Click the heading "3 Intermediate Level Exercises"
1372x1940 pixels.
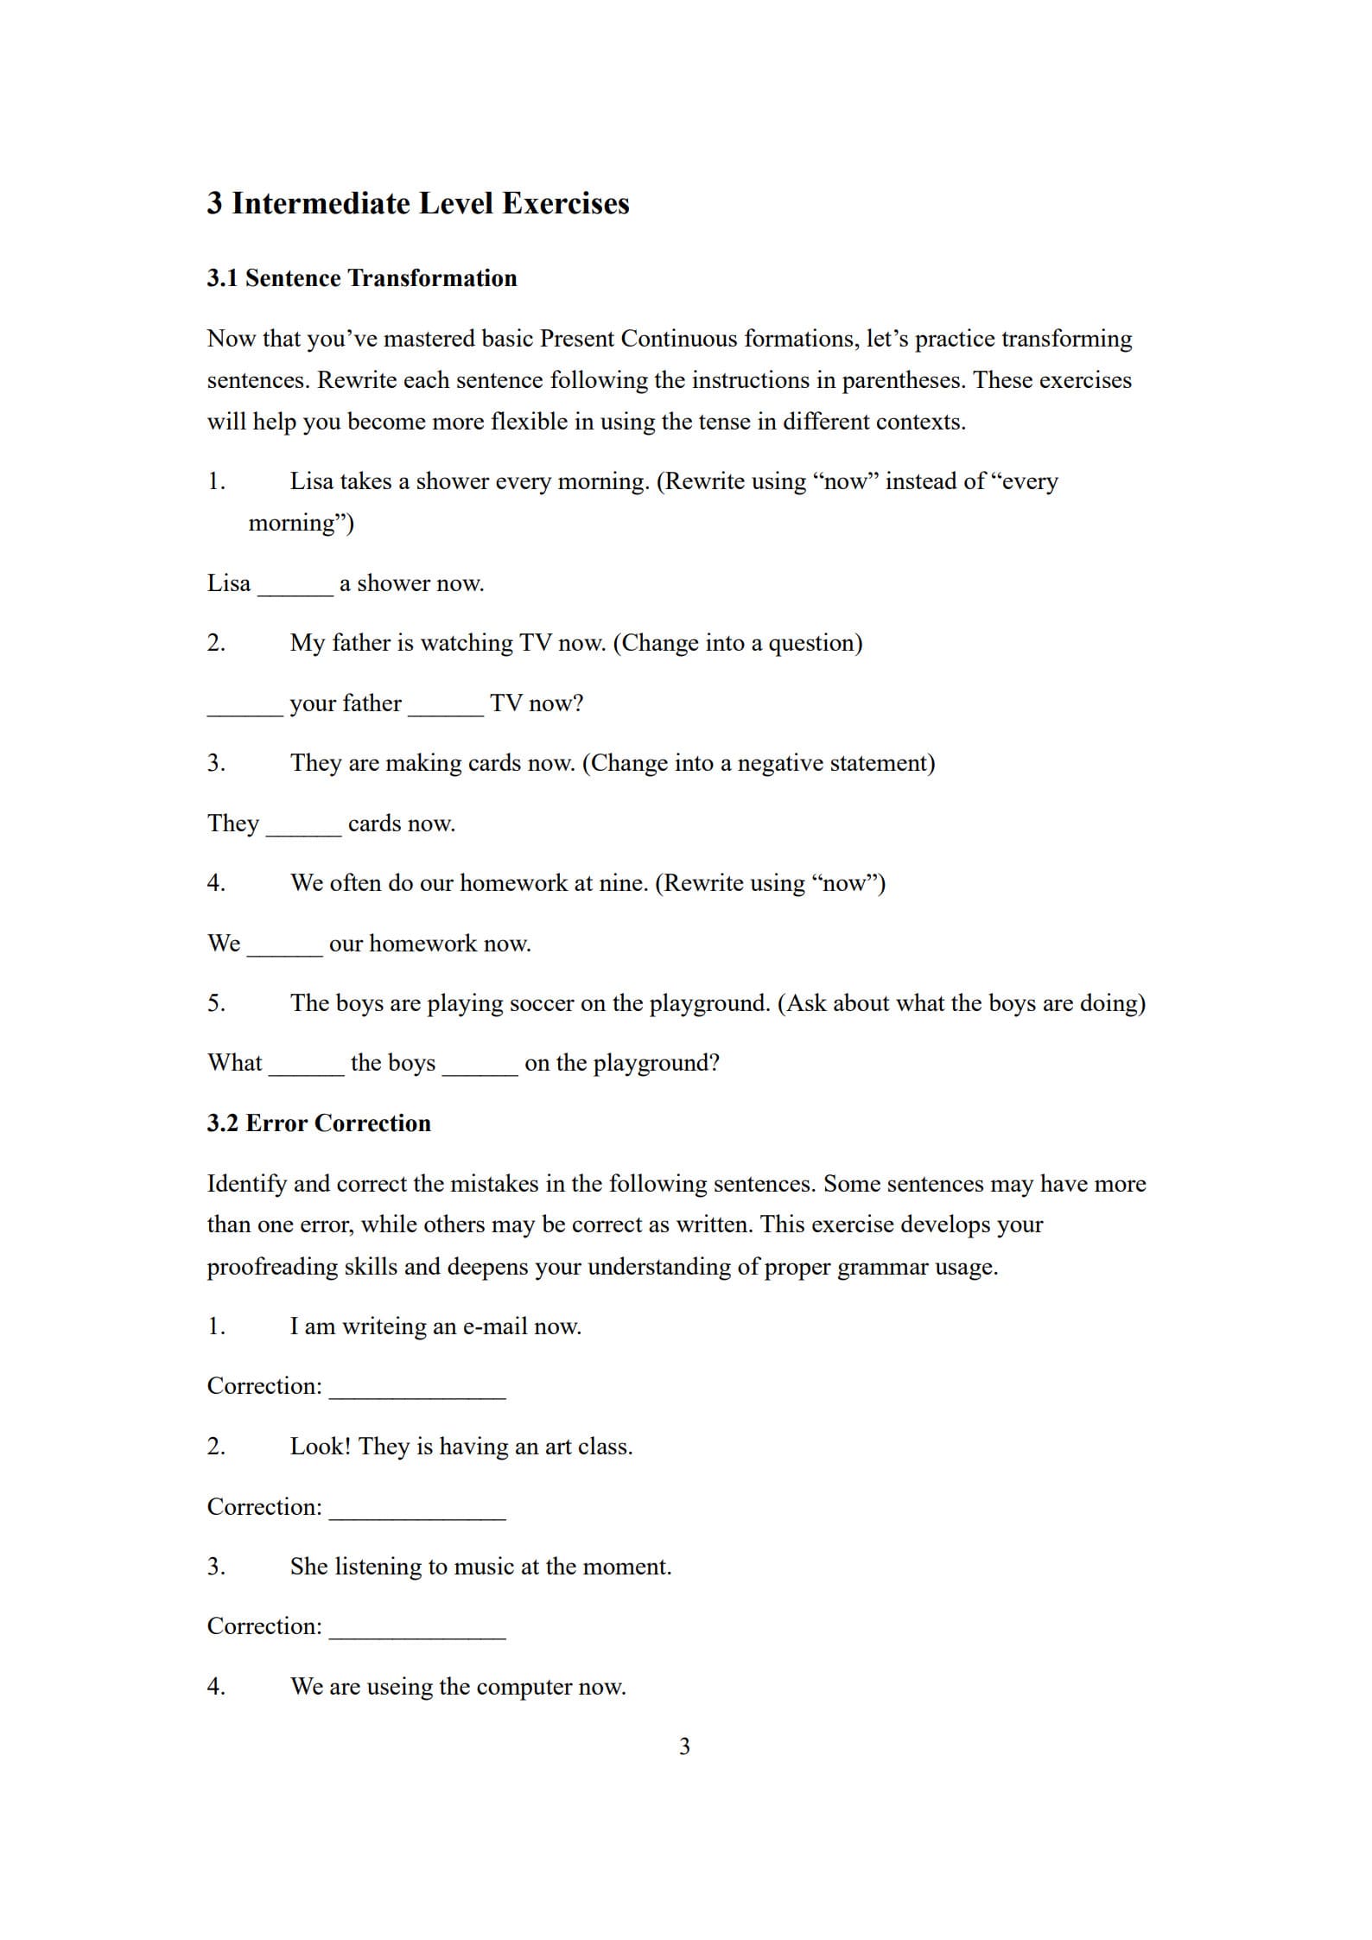(417, 203)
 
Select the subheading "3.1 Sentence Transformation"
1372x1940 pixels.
(361, 278)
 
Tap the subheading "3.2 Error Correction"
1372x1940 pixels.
(318, 1123)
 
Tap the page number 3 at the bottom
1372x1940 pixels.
(684, 1746)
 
